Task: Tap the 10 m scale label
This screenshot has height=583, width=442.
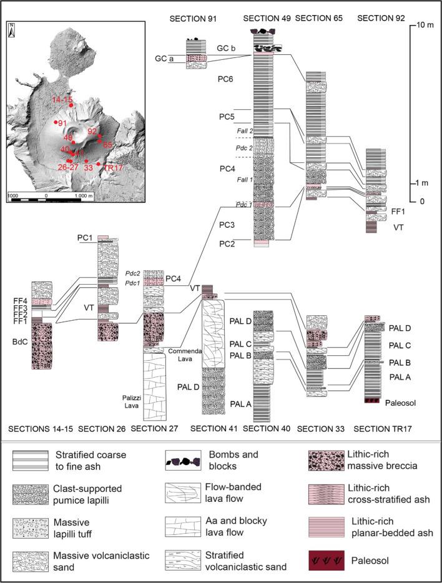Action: click(426, 27)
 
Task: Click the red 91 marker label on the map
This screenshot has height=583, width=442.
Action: click(62, 123)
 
